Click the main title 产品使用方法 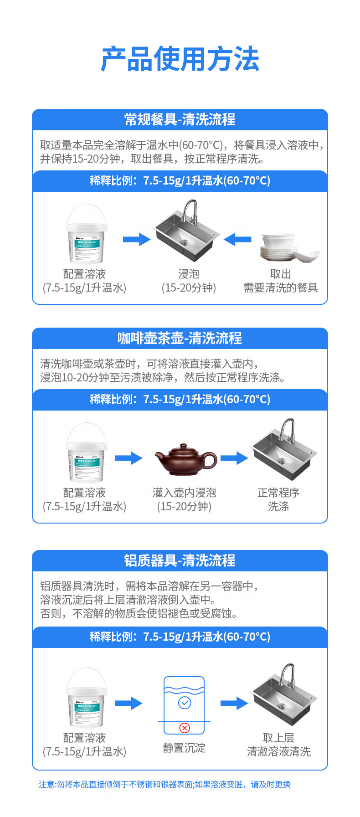pyautogui.click(x=180, y=59)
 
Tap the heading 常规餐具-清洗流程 pyautogui.click(x=180, y=119)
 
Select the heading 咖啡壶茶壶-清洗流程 pyautogui.click(x=180, y=338)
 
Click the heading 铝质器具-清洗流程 pyautogui.click(x=180, y=560)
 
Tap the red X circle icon pyautogui.click(x=185, y=728)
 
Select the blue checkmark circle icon pyautogui.click(x=185, y=703)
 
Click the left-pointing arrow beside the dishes pyautogui.click(x=237, y=239)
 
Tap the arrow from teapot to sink pyautogui.click(x=234, y=458)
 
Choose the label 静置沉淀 pyautogui.click(x=184, y=748)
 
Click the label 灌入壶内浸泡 pyautogui.click(x=184, y=493)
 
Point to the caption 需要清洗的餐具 pyautogui.click(x=280, y=288)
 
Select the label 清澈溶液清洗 pyautogui.click(x=278, y=751)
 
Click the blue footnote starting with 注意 pyautogui.click(x=164, y=784)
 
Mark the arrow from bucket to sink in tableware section pyautogui.click(x=136, y=239)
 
